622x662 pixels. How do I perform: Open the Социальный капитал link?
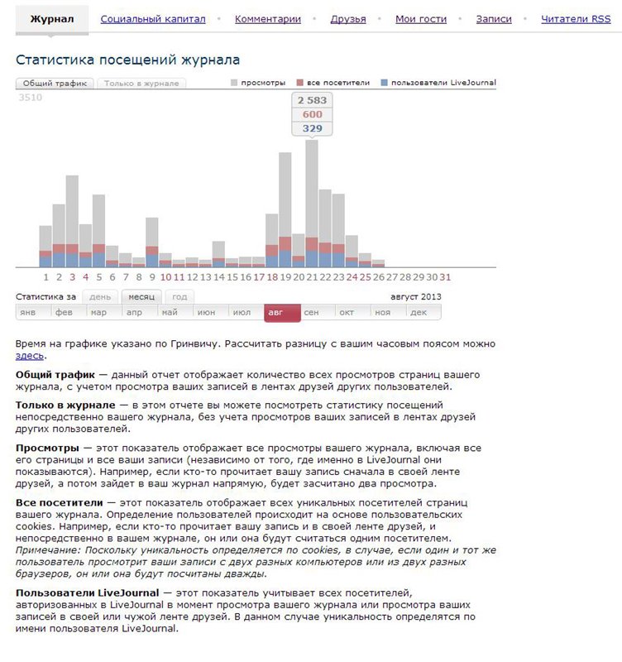(x=153, y=19)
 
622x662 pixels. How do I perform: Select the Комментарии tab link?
(x=268, y=19)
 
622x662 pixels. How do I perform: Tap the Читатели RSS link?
(x=576, y=19)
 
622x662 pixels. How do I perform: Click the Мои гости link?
(x=421, y=19)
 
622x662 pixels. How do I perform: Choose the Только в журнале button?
(x=141, y=84)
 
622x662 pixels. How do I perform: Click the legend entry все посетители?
(x=330, y=84)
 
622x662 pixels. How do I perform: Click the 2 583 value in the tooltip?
(x=312, y=100)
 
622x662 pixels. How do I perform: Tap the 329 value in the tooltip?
(x=312, y=128)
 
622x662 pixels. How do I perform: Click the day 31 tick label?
(x=445, y=277)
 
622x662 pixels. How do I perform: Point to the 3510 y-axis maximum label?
(x=30, y=98)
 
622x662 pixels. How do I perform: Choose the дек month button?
(x=419, y=312)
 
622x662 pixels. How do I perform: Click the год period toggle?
(x=179, y=296)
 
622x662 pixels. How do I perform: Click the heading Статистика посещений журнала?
(x=128, y=60)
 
